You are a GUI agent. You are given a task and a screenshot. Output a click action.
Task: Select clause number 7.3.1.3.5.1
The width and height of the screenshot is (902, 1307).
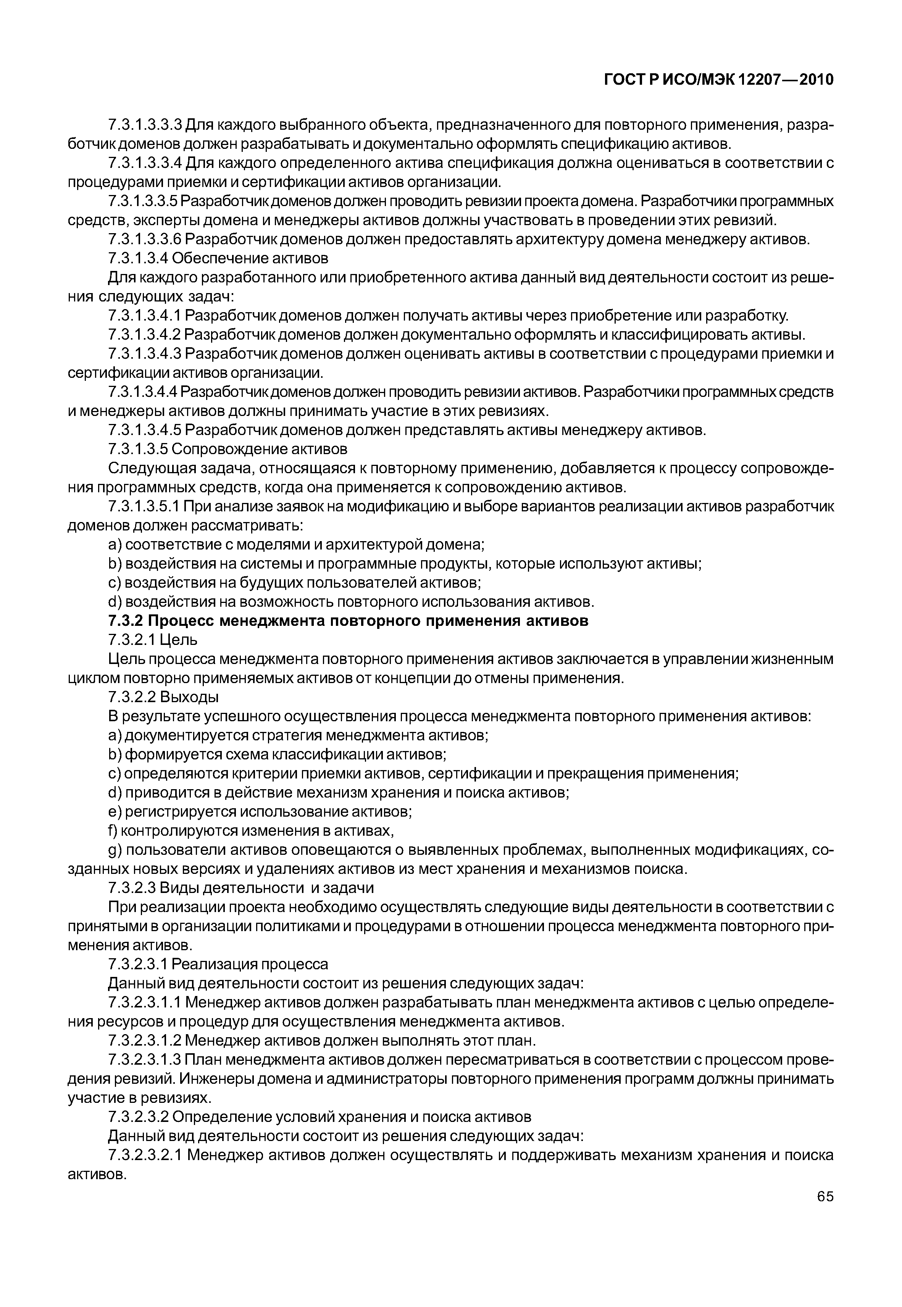click(145, 507)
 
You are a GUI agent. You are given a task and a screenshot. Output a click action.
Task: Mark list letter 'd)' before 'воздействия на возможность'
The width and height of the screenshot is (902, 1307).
click(115, 602)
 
